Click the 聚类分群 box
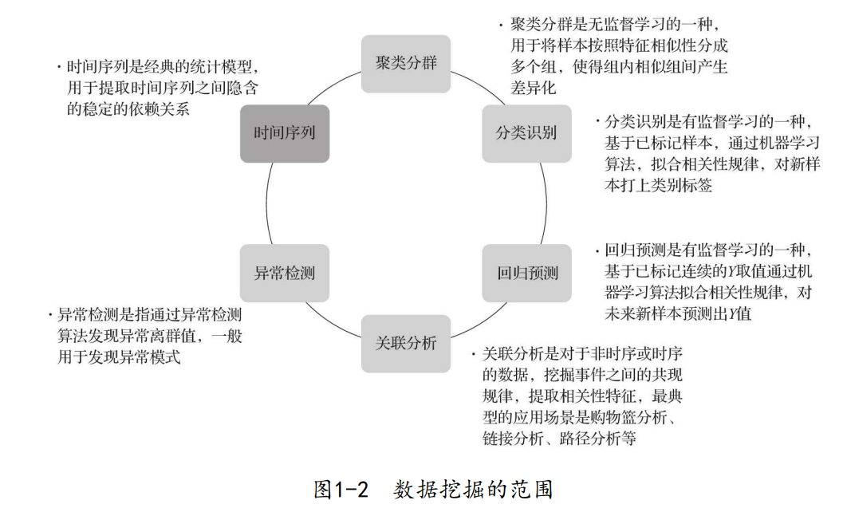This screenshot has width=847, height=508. pos(406,63)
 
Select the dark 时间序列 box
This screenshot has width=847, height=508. pos(285,133)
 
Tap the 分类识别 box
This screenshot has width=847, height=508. pos(526,133)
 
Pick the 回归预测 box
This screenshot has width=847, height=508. pos(527,273)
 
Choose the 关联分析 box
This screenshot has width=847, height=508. pos(406,344)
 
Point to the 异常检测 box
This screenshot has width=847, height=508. pos(285,273)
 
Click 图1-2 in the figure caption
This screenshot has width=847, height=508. pos(341,488)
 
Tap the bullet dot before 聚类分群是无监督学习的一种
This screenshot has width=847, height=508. pos(500,25)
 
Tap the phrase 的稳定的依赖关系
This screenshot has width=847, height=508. pos(128,109)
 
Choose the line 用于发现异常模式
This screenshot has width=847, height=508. pos(119,358)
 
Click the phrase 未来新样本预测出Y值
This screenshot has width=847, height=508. pos(679,313)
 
